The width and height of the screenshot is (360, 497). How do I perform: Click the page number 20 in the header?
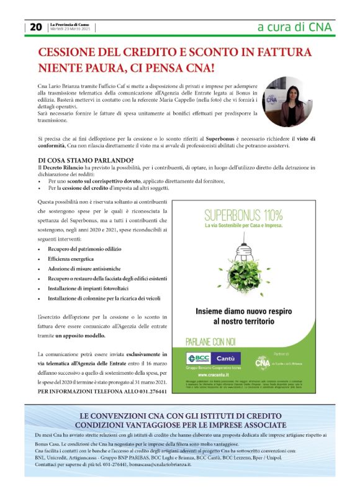35,27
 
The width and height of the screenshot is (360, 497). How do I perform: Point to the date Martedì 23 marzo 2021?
70,30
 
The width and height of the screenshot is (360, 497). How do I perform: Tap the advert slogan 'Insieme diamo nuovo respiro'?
243,311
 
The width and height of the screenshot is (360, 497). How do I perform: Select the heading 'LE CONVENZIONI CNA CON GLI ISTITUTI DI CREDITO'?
181,415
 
